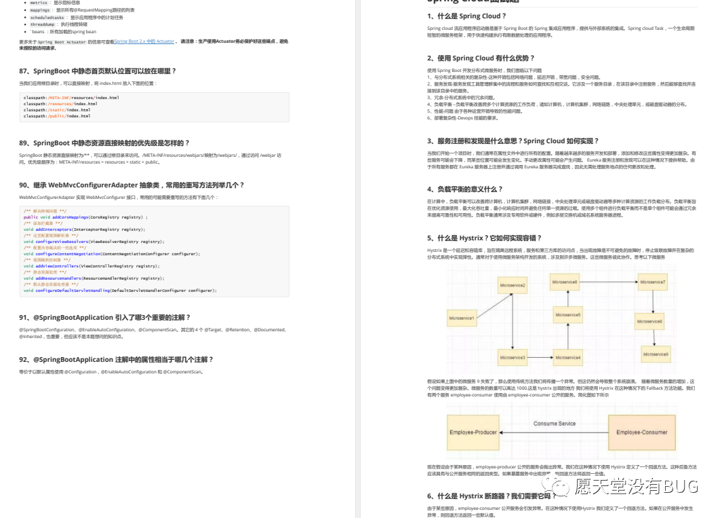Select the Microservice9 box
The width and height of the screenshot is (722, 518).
(656, 354)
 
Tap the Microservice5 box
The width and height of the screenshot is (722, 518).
(567, 315)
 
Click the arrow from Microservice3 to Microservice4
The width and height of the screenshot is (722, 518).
(540, 357)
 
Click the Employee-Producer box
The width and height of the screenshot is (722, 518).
(474, 432)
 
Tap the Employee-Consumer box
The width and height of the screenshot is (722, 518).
(641, 432)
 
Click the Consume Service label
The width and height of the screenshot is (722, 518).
(555, 424)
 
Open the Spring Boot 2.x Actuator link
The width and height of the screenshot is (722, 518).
(144, 41)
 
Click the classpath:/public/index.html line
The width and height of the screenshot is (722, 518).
(57, 116)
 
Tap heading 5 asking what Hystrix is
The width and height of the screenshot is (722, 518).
(485, 238)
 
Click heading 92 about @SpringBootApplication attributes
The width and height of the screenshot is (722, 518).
(116, 359)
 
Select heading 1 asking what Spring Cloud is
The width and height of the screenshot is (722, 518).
(466, 16)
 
